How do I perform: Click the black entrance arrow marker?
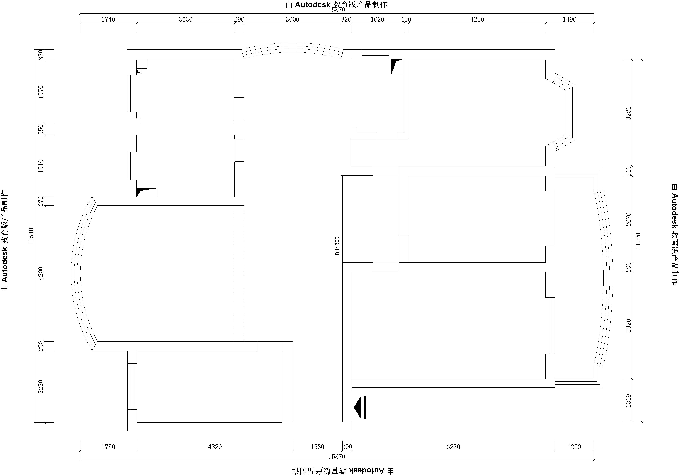click(x=360, y=407)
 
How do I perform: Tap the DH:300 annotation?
click(x=337, y=246)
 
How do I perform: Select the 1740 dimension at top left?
click(x=108, y=19)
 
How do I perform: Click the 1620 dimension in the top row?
click(x=377, y=19)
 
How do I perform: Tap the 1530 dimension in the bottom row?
click(x=317, y=447)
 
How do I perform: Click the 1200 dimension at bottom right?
click(x=574, y=447)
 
